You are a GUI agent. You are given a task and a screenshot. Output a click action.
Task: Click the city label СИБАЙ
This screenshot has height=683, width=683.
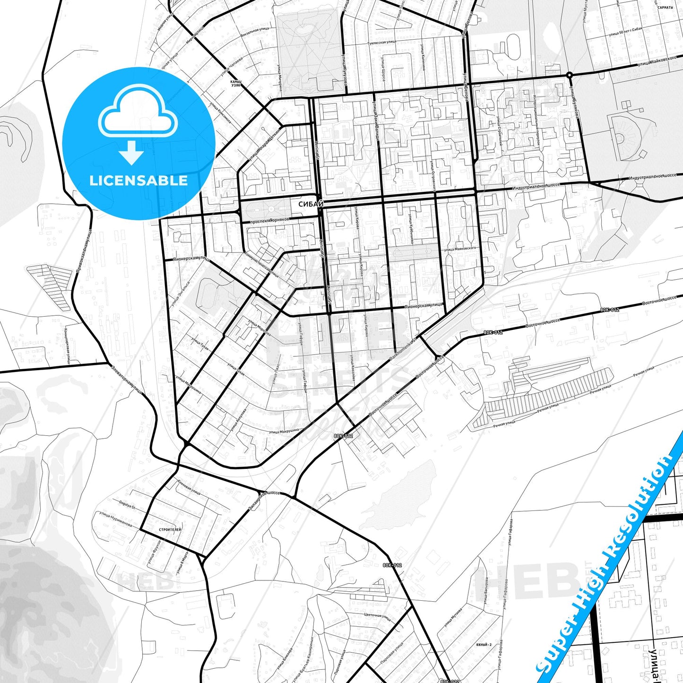pyautogui.click(x=311, y=204)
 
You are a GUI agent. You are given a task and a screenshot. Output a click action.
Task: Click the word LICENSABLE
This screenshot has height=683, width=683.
pyautogui.click(x=138, y=181)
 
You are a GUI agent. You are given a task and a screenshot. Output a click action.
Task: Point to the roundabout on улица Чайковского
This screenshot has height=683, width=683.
pyautogui.click(x=569, y=75)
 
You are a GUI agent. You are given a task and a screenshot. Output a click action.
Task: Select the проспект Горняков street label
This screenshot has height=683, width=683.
pyautogui.click(x=269, y=220)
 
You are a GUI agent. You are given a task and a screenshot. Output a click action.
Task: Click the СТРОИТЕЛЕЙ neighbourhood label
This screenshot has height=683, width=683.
pyautogui.click(x=170, y=529)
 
